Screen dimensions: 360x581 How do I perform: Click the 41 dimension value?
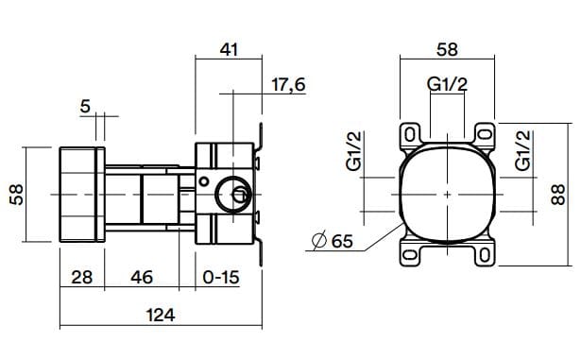pos(228,50)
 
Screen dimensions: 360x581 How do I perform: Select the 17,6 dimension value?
pos(288,85)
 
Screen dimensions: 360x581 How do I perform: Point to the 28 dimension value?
pos(81,278)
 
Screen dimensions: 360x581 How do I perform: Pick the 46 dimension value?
pos(143,278)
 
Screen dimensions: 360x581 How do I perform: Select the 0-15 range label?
pos(221,278)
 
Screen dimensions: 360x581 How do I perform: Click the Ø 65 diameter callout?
pos(331,242)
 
